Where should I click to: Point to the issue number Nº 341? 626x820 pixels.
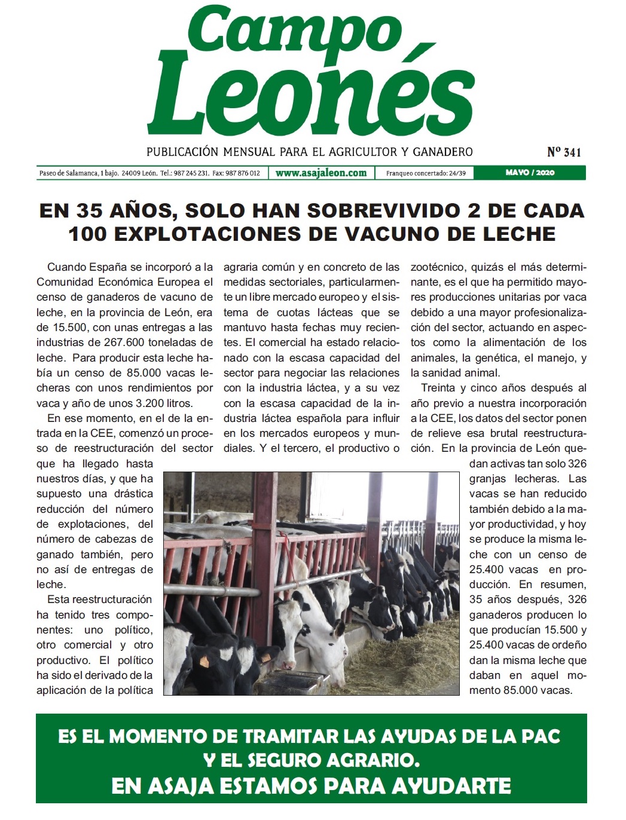point(564,152)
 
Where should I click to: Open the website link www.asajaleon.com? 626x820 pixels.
point(321,173)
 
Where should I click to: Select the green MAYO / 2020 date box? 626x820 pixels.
point(530,173)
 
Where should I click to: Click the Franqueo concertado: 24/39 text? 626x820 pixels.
point(426,173)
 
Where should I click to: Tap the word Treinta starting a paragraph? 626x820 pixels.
point(441,388)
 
